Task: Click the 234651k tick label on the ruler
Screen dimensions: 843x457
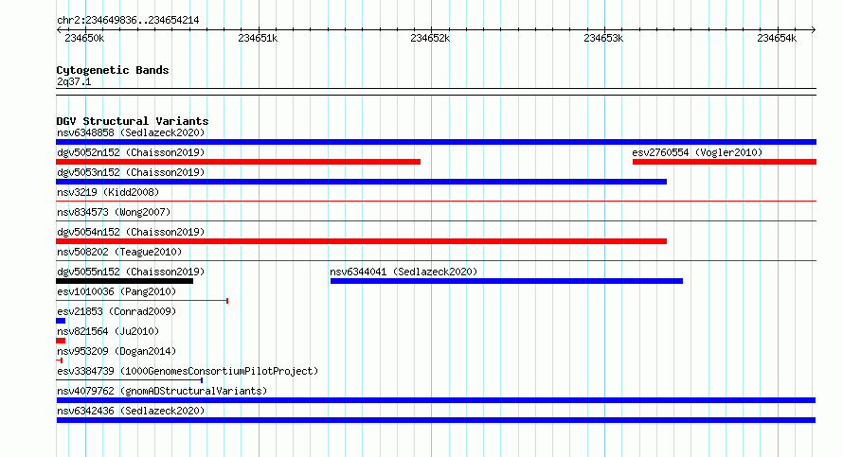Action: [258, 38]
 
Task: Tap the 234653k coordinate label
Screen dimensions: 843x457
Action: [603, 38]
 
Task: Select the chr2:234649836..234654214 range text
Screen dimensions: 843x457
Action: [128, 21]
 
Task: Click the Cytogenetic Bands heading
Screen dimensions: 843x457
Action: [113, 70]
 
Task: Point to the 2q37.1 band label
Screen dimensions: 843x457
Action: [74, 81]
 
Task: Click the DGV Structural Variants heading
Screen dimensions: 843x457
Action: [133, 121]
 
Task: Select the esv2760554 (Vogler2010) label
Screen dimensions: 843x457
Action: [697, 152]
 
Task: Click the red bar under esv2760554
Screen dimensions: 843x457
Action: [725, 162]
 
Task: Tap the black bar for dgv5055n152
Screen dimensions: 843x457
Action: [124, 281]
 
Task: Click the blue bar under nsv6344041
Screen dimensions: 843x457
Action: [507, 281]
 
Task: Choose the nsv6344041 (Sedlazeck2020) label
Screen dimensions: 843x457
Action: [404, 272]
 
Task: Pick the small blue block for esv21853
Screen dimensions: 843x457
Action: [61, 321]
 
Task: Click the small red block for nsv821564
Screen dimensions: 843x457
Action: [61, 341]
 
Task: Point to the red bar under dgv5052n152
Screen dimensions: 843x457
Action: [238, 162]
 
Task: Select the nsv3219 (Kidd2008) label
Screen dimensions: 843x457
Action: [108, 192]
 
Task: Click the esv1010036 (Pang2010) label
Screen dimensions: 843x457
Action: [117, 291]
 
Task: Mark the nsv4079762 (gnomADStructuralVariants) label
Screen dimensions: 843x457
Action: [162, 391]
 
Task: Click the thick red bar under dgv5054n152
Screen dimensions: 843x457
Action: [361, 241]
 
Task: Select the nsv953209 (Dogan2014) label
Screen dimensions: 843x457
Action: [117, 351]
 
